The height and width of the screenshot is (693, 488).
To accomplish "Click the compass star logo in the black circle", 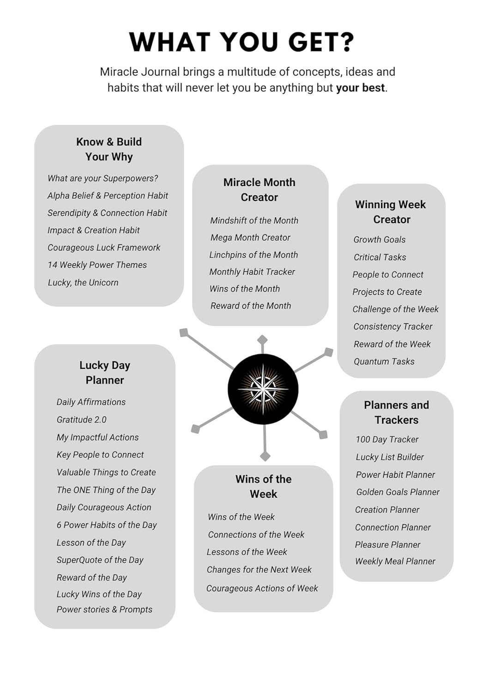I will [x=263, y=389].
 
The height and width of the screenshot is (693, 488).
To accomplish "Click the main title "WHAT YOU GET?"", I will [x=241, y=42].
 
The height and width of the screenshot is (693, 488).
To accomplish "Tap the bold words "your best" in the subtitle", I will [x=360, y=88].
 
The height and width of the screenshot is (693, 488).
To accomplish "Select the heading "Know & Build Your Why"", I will [x=109, y=149].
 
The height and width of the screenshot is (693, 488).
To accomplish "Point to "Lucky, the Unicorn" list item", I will [x=83, y=282].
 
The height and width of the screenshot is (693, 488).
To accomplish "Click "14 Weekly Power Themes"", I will [x=97, y=265].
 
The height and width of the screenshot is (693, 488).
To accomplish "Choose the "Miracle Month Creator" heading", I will [x=259, y=190].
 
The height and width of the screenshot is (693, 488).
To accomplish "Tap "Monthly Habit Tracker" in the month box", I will [x=252, y=272].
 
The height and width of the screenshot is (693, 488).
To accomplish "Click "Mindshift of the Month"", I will [x=254, y=220].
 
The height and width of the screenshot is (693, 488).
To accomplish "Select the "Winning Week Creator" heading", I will [x=391, y=212].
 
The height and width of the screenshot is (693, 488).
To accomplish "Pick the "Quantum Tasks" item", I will [x=384, y=361].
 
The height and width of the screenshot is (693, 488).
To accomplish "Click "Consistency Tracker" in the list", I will [x=393, y=327].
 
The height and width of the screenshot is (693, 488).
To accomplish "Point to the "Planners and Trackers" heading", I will [x=397, y=413].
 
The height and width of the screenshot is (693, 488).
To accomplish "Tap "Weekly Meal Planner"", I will [x=395, y=561].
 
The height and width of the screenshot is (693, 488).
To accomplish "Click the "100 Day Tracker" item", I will [x=387, y=439].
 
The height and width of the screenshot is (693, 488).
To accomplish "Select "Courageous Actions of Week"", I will [x=262, y=588].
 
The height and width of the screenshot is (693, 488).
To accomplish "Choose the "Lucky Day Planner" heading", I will [x=105, y=373].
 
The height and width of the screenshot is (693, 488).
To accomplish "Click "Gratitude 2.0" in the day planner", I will [x=81, y=419].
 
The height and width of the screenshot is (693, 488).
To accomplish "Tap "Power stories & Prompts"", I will [x=104, y=609].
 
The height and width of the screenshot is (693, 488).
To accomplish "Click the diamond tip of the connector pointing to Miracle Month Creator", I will [x=262, y=340].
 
